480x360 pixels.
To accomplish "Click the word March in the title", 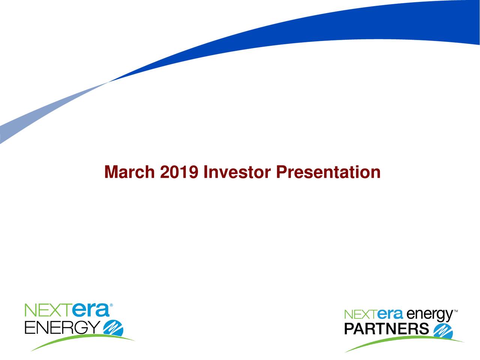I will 130,172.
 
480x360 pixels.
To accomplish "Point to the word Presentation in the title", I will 328,172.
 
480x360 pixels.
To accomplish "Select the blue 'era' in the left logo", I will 89,311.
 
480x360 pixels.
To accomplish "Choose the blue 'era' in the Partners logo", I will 390,314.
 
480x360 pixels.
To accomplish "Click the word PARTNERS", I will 386,329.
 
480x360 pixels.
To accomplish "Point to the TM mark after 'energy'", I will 456,311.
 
